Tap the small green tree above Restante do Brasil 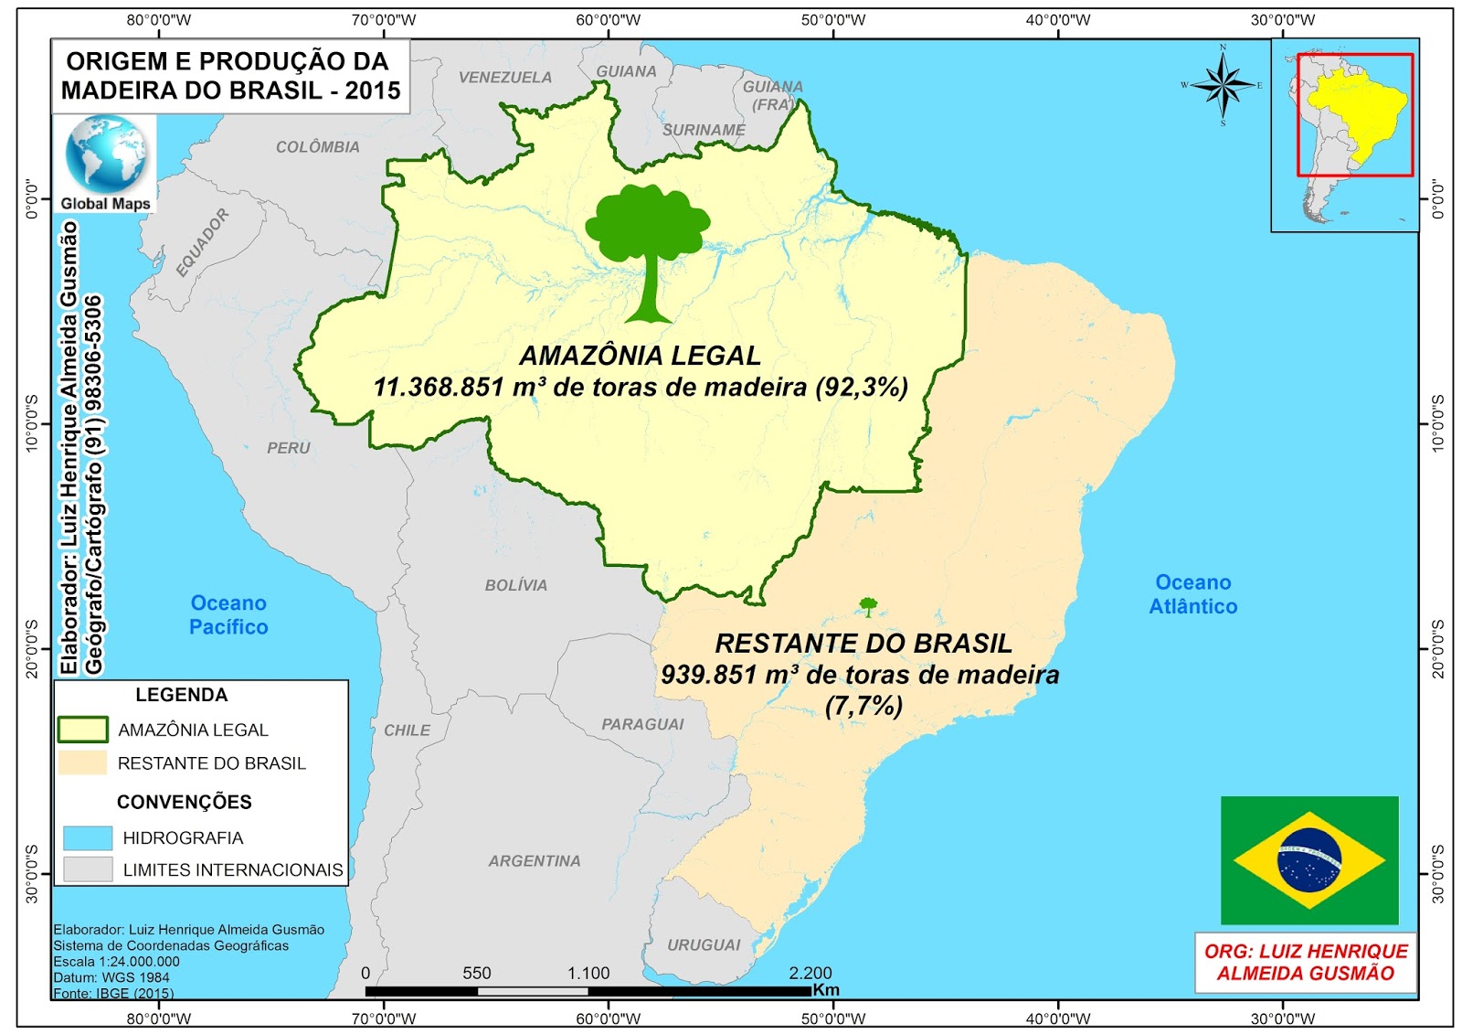(x=868, y=606)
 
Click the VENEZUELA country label (x=505, y=78)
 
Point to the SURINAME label (x=704, y=130)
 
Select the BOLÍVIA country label (x=516, y=585)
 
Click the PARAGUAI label (x=642, y=724)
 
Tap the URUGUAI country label (x=704, y=944)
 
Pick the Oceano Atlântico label (x=1192, y=594)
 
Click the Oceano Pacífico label (x=228, y=615)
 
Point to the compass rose (x=1223, y=85)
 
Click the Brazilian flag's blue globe (x=1309, y=860)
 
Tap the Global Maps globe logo (x=105, y=153)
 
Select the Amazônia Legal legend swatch (x=83, y=729)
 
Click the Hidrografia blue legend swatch (x=88, y=837)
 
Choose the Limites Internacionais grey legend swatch (x=88, y=869)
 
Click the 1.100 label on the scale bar (x=588, y=973)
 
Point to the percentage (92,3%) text (x=862, y=387)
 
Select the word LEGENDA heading (x=182, y=695)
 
